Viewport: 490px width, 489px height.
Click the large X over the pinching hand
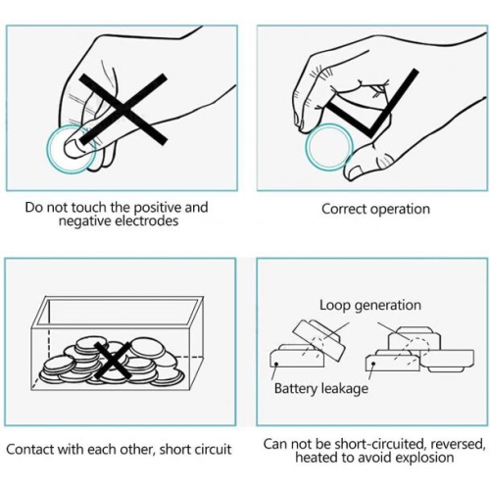123,110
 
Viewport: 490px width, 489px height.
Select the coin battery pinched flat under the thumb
71,149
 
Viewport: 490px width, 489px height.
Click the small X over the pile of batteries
113,360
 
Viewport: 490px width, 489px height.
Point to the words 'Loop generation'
370,305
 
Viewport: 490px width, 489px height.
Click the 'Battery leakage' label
321,388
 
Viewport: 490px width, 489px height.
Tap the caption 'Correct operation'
375,209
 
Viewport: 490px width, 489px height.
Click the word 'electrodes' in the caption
147,220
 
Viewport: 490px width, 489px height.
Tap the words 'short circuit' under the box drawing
195,449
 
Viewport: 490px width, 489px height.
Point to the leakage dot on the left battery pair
276,364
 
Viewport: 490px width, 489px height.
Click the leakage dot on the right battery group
372,364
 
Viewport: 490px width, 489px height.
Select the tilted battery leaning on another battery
319,339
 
